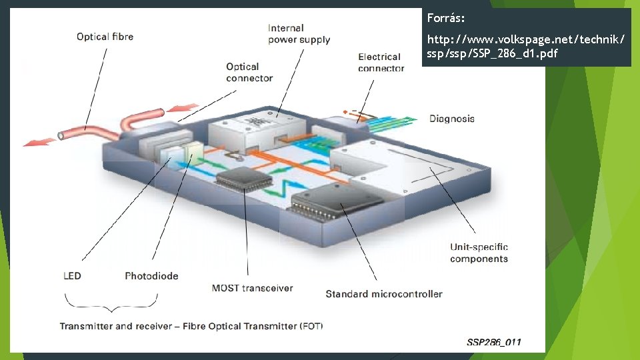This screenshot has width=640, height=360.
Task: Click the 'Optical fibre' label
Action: (105, 37)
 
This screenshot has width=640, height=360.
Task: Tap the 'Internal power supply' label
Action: (299, 34)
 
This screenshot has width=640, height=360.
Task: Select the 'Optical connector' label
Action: (249, 72)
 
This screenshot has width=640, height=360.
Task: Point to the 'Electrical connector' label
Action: (381, 63)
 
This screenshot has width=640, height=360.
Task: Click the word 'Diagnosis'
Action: (452, 119)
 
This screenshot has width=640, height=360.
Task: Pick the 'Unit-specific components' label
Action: (479, 253)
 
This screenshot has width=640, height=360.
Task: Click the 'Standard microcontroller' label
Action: (383, 293)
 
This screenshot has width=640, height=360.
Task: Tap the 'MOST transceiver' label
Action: (252, 288)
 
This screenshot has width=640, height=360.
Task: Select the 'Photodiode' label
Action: (151, 276)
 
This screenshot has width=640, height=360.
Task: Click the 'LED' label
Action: (72, 276)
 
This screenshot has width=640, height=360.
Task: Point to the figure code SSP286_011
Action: (494, 342)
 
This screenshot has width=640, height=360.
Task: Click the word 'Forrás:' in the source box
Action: (445, 17)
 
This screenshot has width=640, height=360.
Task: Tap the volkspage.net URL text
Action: (525, 47)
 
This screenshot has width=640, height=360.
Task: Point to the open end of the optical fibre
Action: (61, 135)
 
